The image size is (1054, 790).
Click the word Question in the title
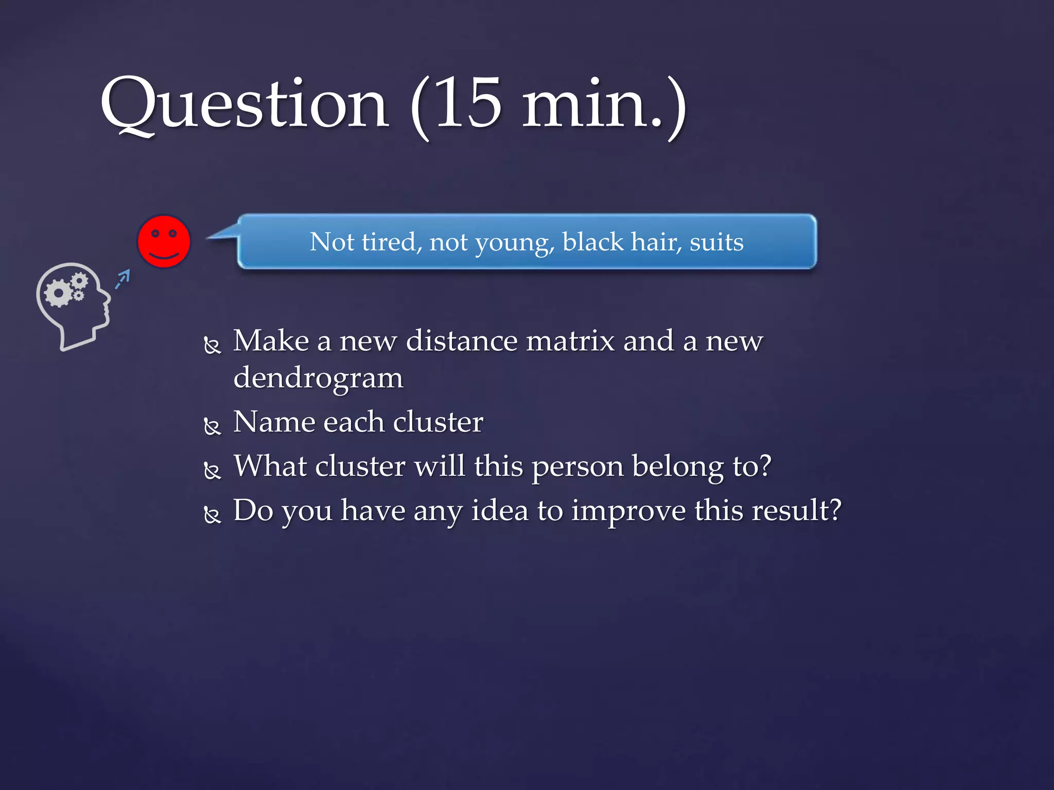tap(244, 105)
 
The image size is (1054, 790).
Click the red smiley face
tap(164, 241)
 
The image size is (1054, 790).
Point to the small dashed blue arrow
tap(122, 279)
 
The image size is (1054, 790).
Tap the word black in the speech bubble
tap(592, 241)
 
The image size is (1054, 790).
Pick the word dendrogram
tap(318, 379)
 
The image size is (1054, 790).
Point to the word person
tap(577, 467)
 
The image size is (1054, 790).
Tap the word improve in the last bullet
tap(628, 511)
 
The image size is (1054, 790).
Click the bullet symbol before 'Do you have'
tap(212, 514)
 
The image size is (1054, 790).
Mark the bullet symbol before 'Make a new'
tap(212, 345)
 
